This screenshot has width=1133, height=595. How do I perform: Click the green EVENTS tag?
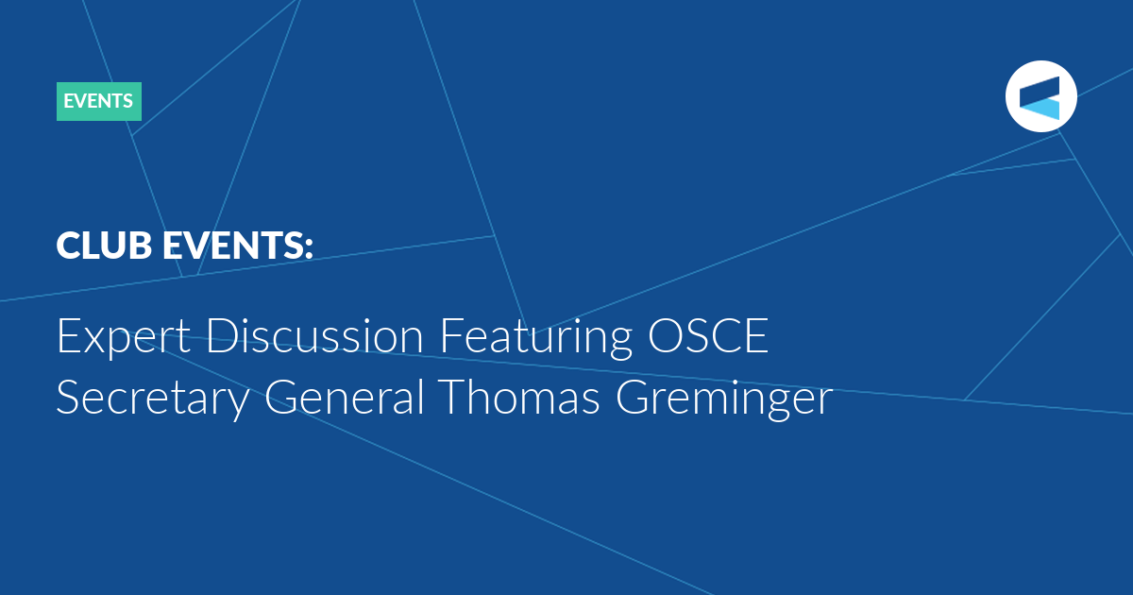(x=98, y=101)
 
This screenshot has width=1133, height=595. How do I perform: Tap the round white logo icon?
(x=1040, y=96)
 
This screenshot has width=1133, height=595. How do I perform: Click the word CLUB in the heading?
(x=104, y=246)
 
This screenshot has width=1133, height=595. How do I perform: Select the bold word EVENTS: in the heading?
(x=238, y=246)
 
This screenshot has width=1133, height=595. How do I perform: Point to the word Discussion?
(x=314, y=335)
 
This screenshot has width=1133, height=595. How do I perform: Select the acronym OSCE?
(x=708, y=335)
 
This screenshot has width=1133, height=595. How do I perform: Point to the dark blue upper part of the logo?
(x=1040, y=91)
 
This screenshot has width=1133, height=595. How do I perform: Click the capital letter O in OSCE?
(x=666, y=335)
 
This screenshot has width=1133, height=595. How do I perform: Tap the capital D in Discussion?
(x=222, y=335)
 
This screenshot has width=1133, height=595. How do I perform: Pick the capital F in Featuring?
(x=451, y=335)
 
